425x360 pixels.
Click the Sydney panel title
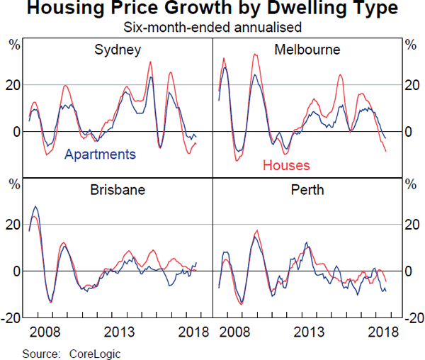tap(118, 50)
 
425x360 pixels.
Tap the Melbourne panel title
tap(307, 50)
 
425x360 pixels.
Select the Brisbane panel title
tap(118, 191)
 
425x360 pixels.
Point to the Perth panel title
tap(307, 191)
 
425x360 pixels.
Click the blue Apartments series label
tap(100, 154)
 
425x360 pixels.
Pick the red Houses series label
tap(286, 166)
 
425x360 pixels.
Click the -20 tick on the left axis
tap(13, 317)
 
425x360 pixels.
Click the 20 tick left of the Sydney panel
tap(15, 85)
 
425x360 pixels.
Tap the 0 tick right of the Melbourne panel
tap(408, 132)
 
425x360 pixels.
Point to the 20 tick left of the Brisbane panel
tap(15, 225)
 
